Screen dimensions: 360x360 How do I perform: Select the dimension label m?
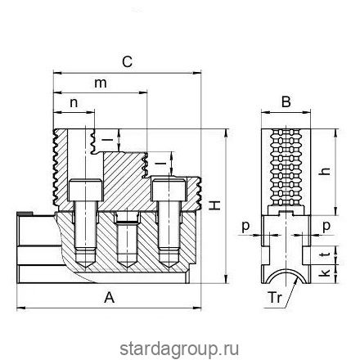(x=101, y=84)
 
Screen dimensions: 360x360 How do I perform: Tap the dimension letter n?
(x=74, y=103)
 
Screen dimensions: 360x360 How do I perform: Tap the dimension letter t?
(x=326, y=254)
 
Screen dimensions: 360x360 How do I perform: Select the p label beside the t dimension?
(x=326, y=224)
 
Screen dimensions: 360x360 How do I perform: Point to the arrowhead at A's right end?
(x=197, y=308)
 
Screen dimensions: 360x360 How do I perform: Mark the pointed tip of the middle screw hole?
(x=126, y=263)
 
